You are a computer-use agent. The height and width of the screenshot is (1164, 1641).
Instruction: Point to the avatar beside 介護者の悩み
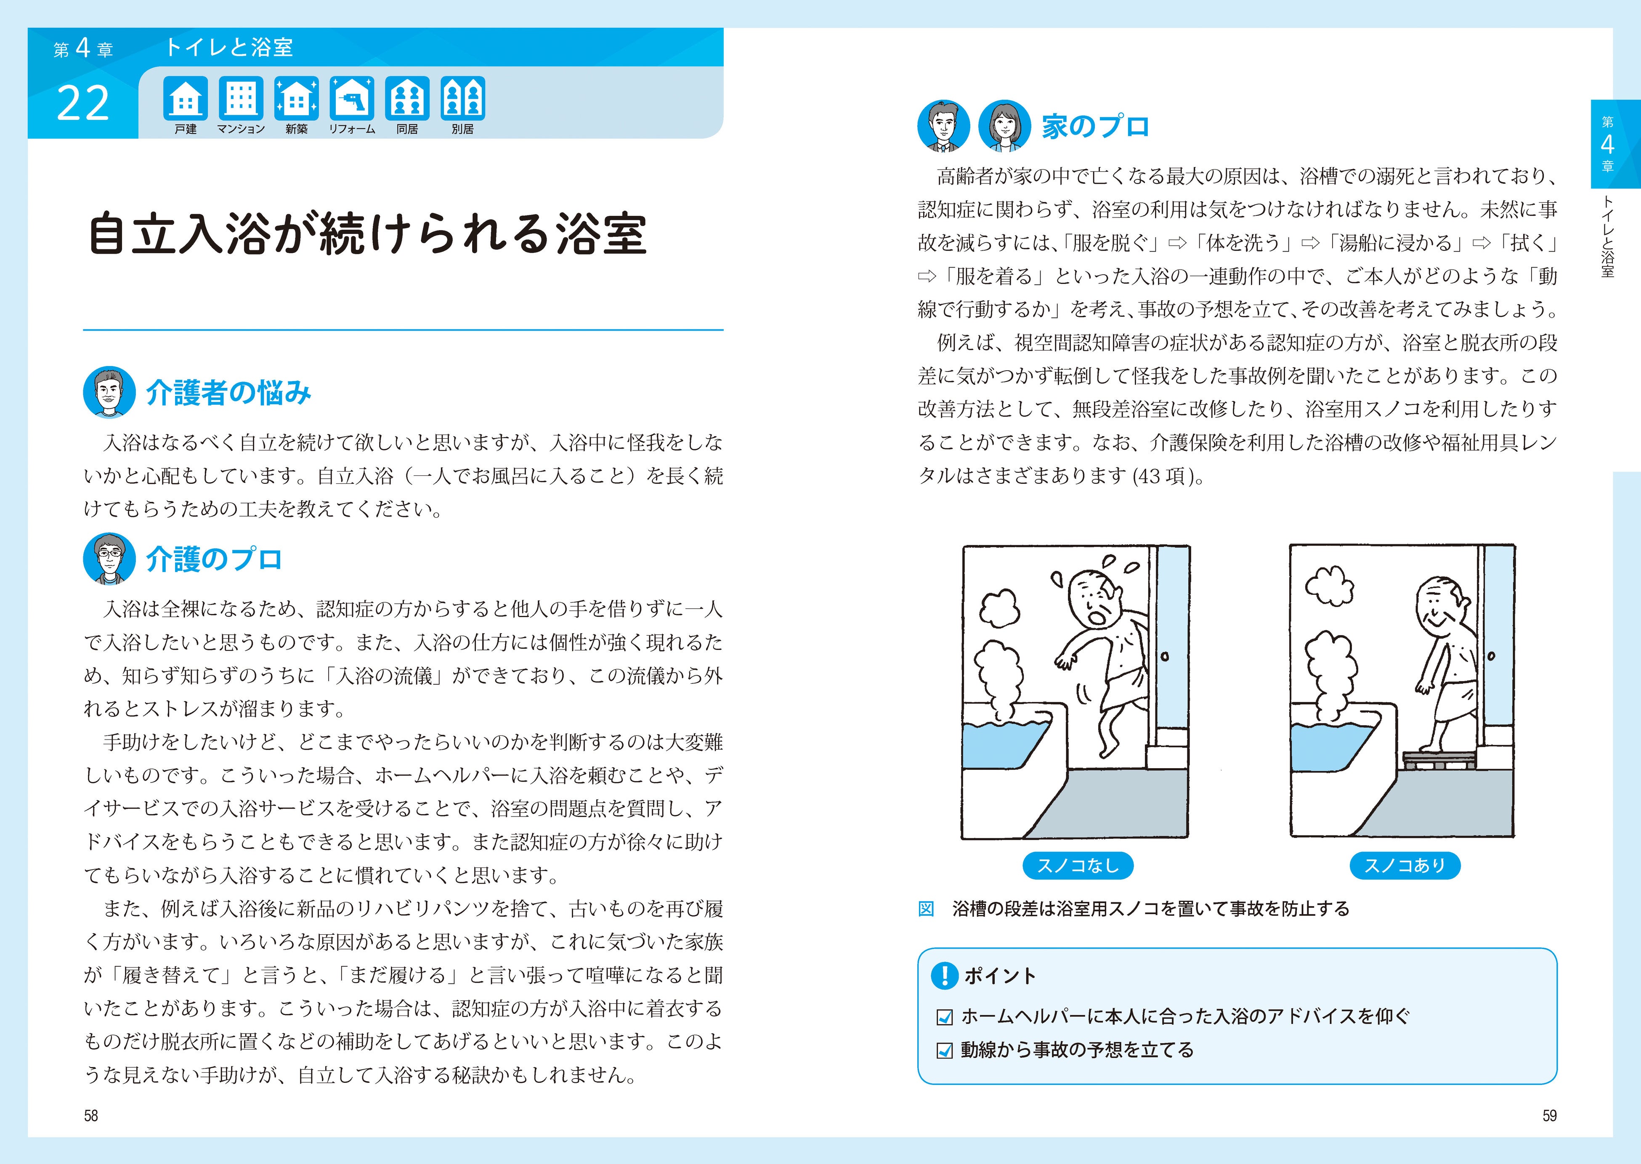click(109, 392)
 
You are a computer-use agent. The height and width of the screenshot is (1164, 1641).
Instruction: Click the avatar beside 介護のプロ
click(109, 558)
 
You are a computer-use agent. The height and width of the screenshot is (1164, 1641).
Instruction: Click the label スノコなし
click(1078, 865)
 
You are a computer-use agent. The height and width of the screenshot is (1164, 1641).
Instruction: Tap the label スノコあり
click(1405, 865)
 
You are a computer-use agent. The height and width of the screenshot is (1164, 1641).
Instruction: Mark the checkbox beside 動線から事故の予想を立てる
click(945, 1051)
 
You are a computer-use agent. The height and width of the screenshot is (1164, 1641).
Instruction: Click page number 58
click(91, 1116)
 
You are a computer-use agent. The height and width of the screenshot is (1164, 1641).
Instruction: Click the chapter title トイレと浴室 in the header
click(229, 47)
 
